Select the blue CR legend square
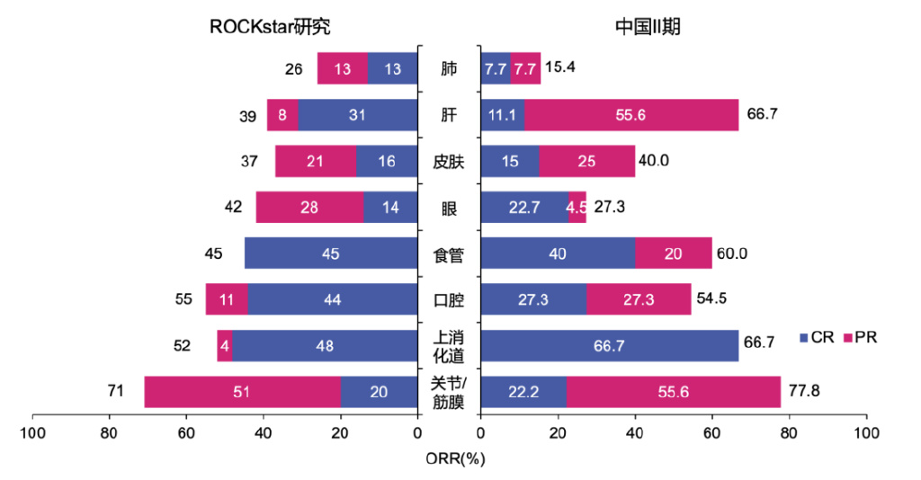[804, 339]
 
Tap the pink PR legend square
[847, 339]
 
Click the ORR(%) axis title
[455, 458]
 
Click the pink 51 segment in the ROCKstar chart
[242, 392]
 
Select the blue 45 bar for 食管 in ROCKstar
[331, 253]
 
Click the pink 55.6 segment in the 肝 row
[631, 115]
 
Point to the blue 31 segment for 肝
[357, 115]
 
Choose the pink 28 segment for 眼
[309, 208]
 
